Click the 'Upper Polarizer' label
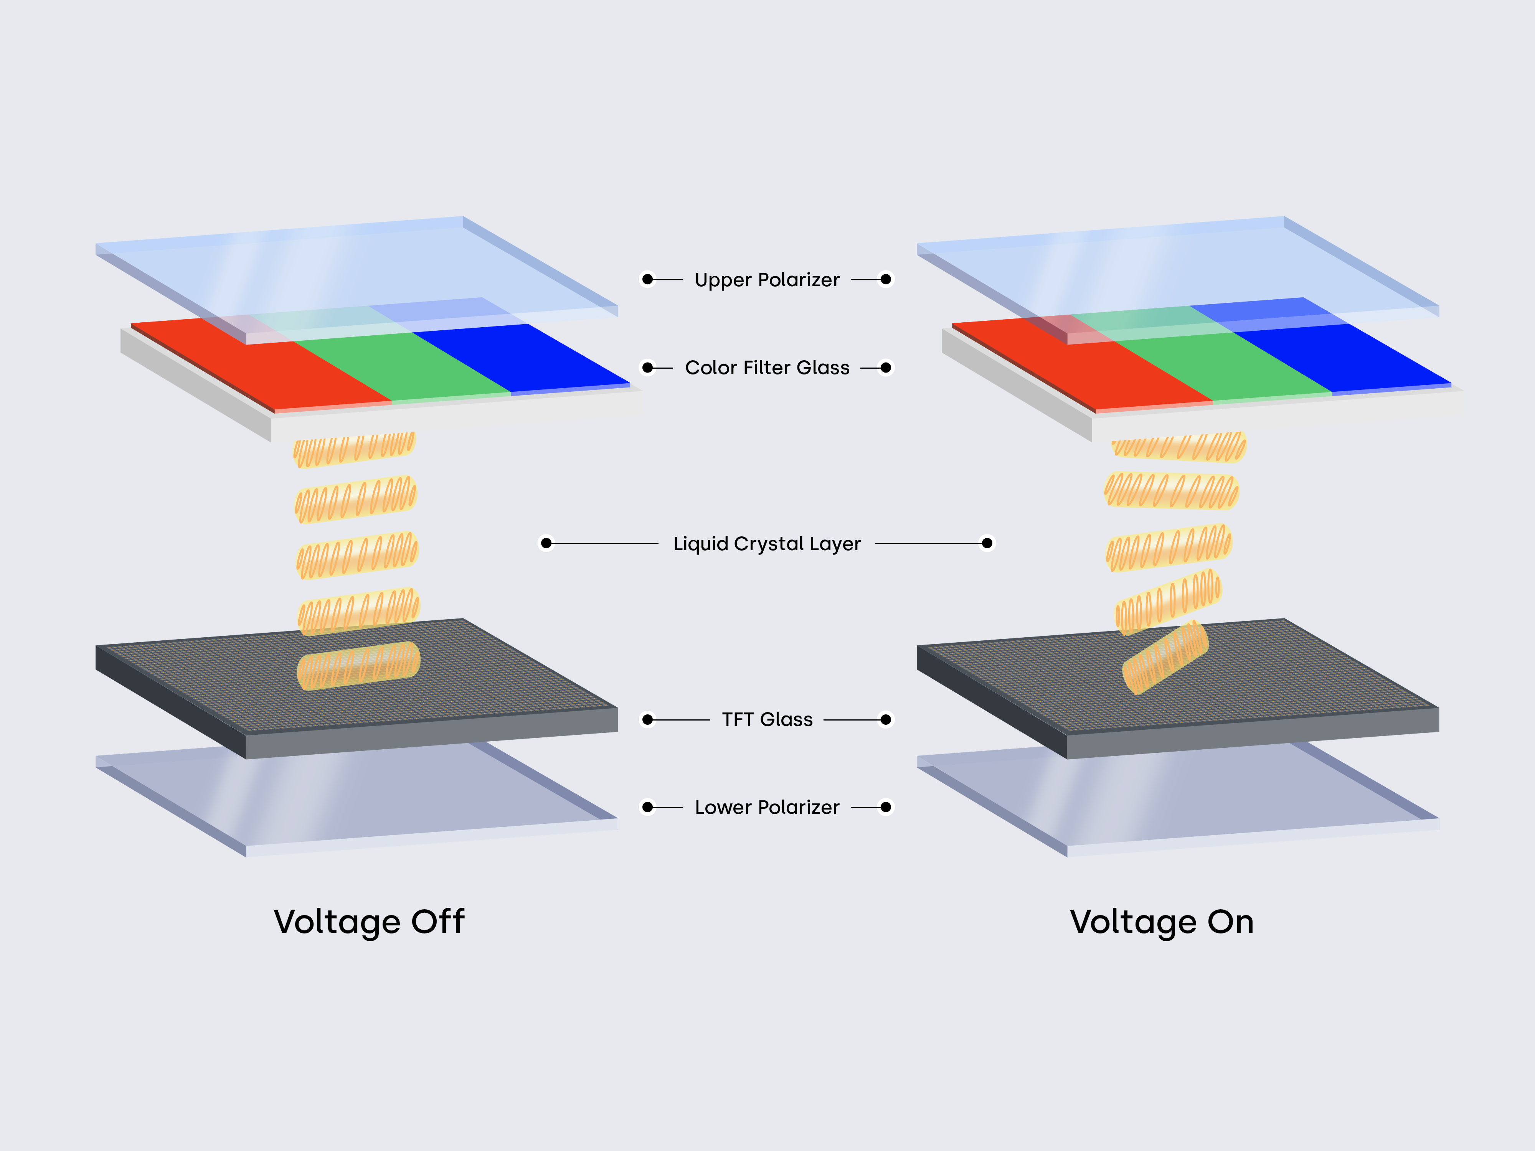[767, 280]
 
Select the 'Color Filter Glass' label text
[767, 368]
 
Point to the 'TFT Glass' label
[767, 719]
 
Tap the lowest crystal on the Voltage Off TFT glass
[358, 666]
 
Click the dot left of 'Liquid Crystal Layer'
[546, 543]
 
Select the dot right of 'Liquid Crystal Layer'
[987, 543]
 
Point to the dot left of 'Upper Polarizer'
[647, 280]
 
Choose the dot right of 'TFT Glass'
[885, 719]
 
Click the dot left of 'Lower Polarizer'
[647, 807]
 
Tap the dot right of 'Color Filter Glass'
[885, 368]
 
